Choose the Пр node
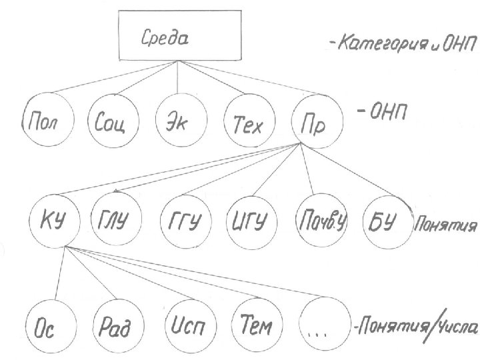[x=316, y=121]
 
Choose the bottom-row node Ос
[x=48, y=327]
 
